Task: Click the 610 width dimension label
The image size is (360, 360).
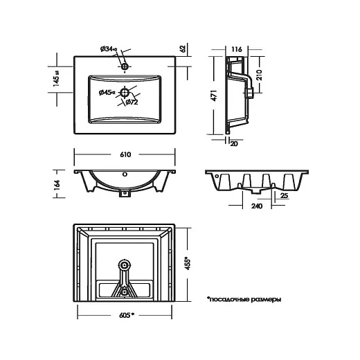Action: coord(125,154)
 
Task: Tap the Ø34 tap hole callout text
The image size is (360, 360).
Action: coord(109,49)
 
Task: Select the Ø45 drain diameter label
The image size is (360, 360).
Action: coord(107,93)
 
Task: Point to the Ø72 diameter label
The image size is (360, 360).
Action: coord(132,102)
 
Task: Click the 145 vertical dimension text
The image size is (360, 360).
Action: coord(56,78)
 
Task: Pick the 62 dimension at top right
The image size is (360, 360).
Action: coord(183,48)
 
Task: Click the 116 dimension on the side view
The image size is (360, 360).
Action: coord(237,49)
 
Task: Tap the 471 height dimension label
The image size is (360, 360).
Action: coord(214,96)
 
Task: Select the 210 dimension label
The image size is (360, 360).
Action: coord(259,75)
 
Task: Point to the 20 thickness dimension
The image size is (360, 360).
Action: coord(234,144)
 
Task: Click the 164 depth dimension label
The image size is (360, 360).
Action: coord(57,185)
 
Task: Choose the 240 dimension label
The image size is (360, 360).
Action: coord(257,206)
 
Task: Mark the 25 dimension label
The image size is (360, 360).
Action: coord(285,196)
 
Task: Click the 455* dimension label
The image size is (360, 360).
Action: coord(188,263)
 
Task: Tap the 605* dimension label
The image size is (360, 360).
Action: coord(127,315)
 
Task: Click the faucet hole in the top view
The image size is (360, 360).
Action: coord(125,66)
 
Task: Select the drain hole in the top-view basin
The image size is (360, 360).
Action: coord(125,93)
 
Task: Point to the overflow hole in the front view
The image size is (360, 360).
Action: coord(125,174)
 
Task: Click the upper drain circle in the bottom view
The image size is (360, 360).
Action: coord(125,265)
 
